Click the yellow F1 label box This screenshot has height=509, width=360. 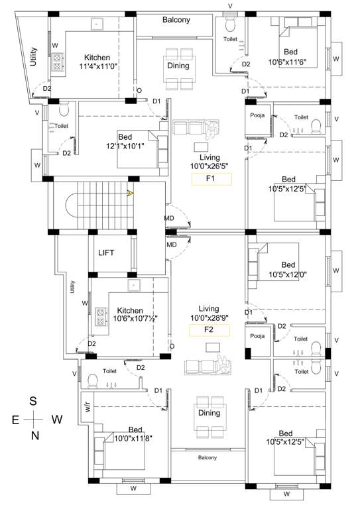click(x=211, y=178)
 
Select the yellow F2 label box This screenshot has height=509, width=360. click(x=210, y=330)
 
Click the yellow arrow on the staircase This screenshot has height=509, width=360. click(x=131, y=194)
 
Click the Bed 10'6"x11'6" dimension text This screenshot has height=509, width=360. click(x=291, y=62)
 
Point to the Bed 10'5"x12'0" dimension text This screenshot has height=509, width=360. click(x=288, y=274)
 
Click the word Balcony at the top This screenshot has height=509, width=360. click(x=176, y=20)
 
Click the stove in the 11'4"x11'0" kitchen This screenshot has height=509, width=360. click(x=58, y=62)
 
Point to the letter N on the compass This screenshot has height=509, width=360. click(x=35, y=435)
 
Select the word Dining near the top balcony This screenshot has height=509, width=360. click(x=178, y=66)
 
